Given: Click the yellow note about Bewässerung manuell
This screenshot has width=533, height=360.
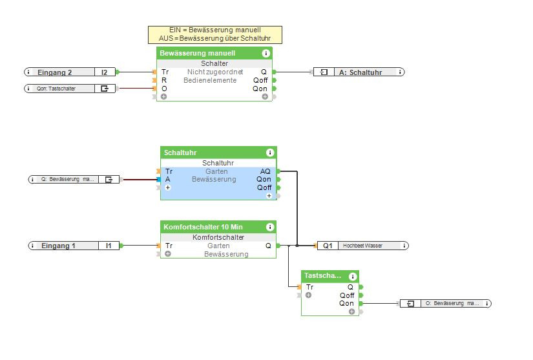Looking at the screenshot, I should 214,34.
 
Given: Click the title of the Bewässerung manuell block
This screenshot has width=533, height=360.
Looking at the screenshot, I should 198,53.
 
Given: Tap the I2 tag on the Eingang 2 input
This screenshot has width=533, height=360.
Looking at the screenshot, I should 105,72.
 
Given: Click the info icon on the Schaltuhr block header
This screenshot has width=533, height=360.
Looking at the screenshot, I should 270,153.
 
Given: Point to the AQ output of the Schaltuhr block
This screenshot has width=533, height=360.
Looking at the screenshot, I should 266,171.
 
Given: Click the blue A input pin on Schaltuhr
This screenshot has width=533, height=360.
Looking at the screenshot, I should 158,179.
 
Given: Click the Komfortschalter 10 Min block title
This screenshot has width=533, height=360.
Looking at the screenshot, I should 203,227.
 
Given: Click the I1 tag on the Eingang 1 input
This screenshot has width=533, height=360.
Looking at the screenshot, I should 109,246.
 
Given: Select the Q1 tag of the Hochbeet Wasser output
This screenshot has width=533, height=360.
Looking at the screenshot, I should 328,246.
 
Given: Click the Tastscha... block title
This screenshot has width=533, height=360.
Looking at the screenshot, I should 322,275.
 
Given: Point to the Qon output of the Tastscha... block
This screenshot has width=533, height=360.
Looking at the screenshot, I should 347,303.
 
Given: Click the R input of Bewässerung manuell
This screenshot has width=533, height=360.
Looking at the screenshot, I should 164,80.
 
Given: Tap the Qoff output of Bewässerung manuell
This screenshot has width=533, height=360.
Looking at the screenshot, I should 260,80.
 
